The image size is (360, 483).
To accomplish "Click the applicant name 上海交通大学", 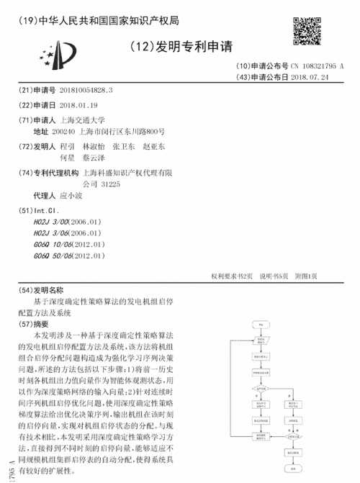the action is point(83,119).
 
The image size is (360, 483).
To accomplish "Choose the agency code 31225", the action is point(110,184).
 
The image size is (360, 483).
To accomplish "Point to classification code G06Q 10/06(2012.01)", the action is point(70,244).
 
